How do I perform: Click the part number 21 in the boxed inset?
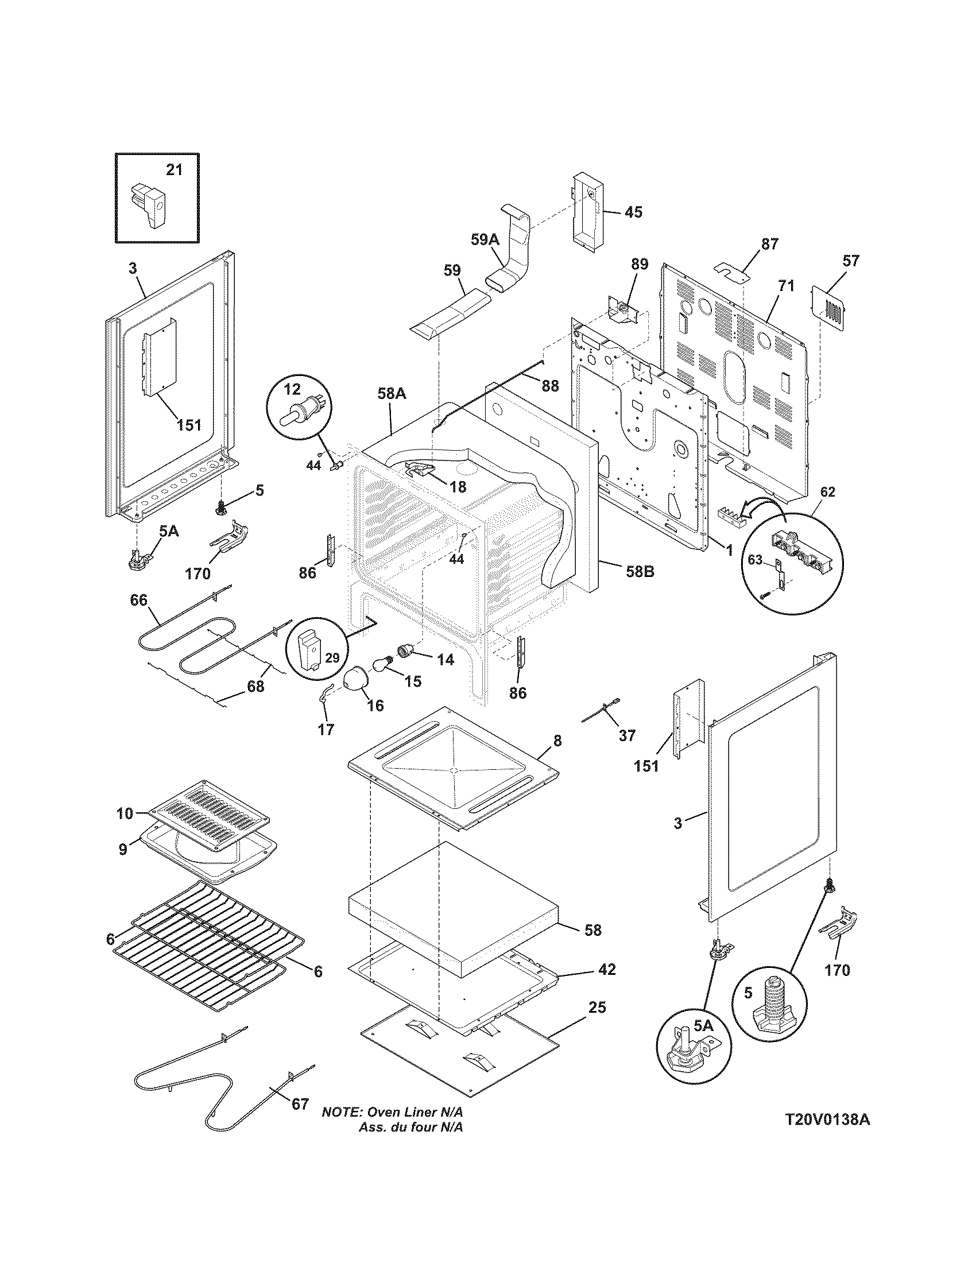pyautogui.click(x=174, y=169)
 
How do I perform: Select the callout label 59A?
pyautogui.click(x=485, y=239)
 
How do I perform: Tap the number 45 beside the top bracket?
pyautogui.click(x=633, y=212)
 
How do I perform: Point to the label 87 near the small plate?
pyautogui.click(x=769, y=244)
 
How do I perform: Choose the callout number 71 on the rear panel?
pyautogui.click(x=787, y=286)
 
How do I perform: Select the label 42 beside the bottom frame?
pyautogui.click(x=606, y=968)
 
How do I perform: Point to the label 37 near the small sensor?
pyautogui.click(x=627, y=735)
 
